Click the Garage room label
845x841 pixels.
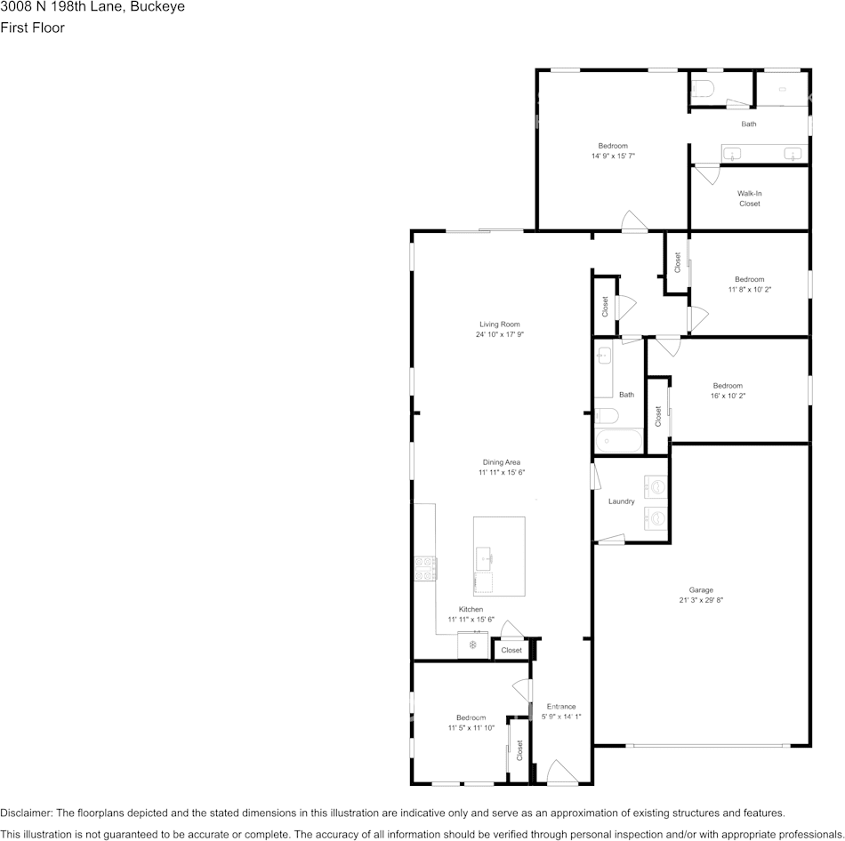pos(701,590)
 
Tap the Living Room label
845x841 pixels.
pos(500,324)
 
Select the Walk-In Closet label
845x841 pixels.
pos(750,198)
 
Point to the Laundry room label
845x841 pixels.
pos(622,501)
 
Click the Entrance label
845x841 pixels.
pos(561,706)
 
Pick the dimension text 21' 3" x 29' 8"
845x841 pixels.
pos(701,600)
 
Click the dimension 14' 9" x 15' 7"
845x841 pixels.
pos(613,156)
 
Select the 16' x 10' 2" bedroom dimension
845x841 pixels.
pos(728,396)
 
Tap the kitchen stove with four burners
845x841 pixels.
pos(425,568)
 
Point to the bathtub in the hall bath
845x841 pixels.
pos(619,441)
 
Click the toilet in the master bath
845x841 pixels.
pos(703,88)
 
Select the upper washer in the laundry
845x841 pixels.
pos(656,487)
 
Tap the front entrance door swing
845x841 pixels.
pos(562,771)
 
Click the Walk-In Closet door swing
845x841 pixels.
pos(706,174)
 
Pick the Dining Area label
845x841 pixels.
pos(501,462)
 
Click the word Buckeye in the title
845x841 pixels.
pos(157,7)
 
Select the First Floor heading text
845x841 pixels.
pos(32,28)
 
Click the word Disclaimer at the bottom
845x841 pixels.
pos(27,813)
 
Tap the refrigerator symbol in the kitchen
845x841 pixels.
pos(472,645)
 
